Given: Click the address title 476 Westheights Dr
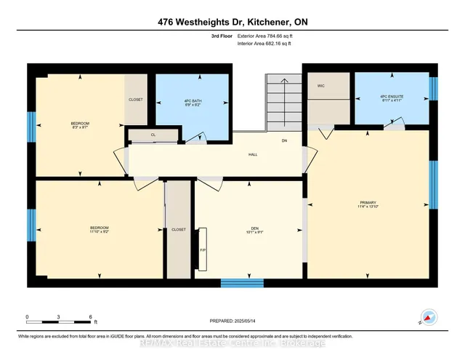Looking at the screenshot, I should [x=232, y=21].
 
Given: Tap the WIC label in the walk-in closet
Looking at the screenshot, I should [x=320, y=86].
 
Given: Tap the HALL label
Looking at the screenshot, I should [x=252, y=153].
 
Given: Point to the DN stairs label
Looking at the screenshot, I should [x=286, y=140].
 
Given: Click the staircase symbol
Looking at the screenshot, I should [x=284, y=102].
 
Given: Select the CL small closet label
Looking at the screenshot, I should [x=153, y=135].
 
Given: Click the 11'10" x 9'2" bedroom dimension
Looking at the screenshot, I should [x=99, y=233].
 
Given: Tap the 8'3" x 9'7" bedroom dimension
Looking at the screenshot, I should [x=79, y=128].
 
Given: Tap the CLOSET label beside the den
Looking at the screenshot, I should [x=179, y=229].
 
